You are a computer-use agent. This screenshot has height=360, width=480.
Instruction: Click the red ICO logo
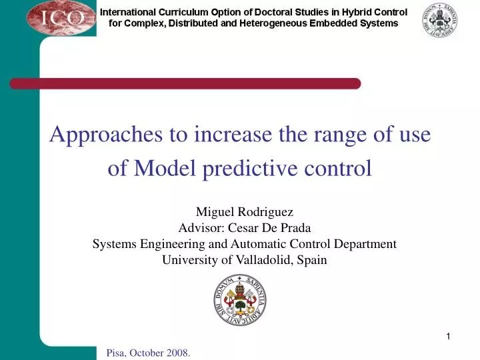[x=61, y=17]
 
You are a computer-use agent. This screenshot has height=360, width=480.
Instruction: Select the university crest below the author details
[x=240, y=299]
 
